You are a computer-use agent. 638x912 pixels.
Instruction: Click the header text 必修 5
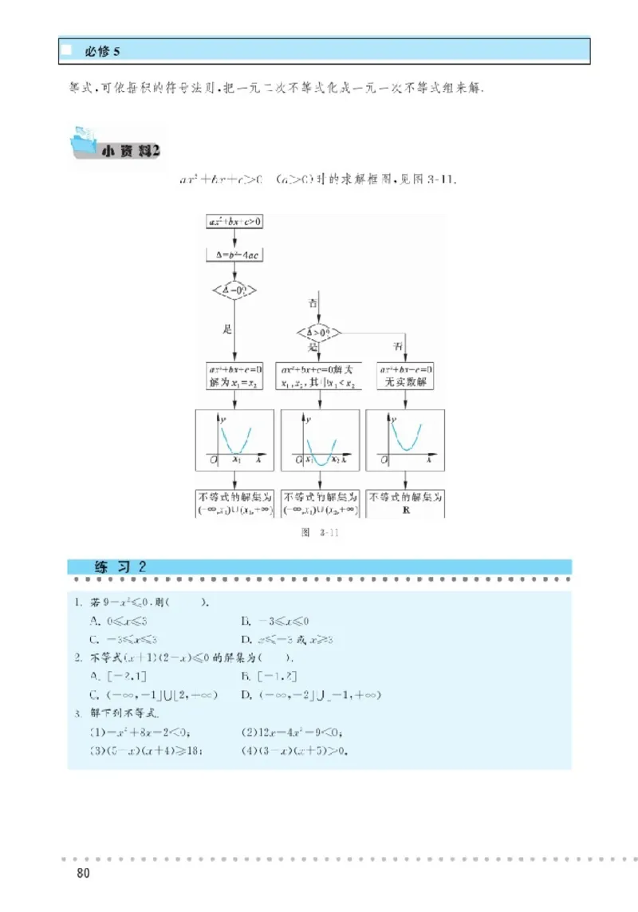click(102, 52)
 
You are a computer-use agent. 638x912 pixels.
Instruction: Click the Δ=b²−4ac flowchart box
click(234, 255)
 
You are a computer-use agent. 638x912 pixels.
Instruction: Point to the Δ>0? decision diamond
click(319, 331)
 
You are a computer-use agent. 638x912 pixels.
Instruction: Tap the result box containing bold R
click(406, 503)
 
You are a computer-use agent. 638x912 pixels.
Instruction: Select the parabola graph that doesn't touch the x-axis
click(406, 439)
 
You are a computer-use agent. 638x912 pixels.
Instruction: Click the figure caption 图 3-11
click(319, 535)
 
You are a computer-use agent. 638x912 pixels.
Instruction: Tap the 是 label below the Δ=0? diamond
click(226, 327)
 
